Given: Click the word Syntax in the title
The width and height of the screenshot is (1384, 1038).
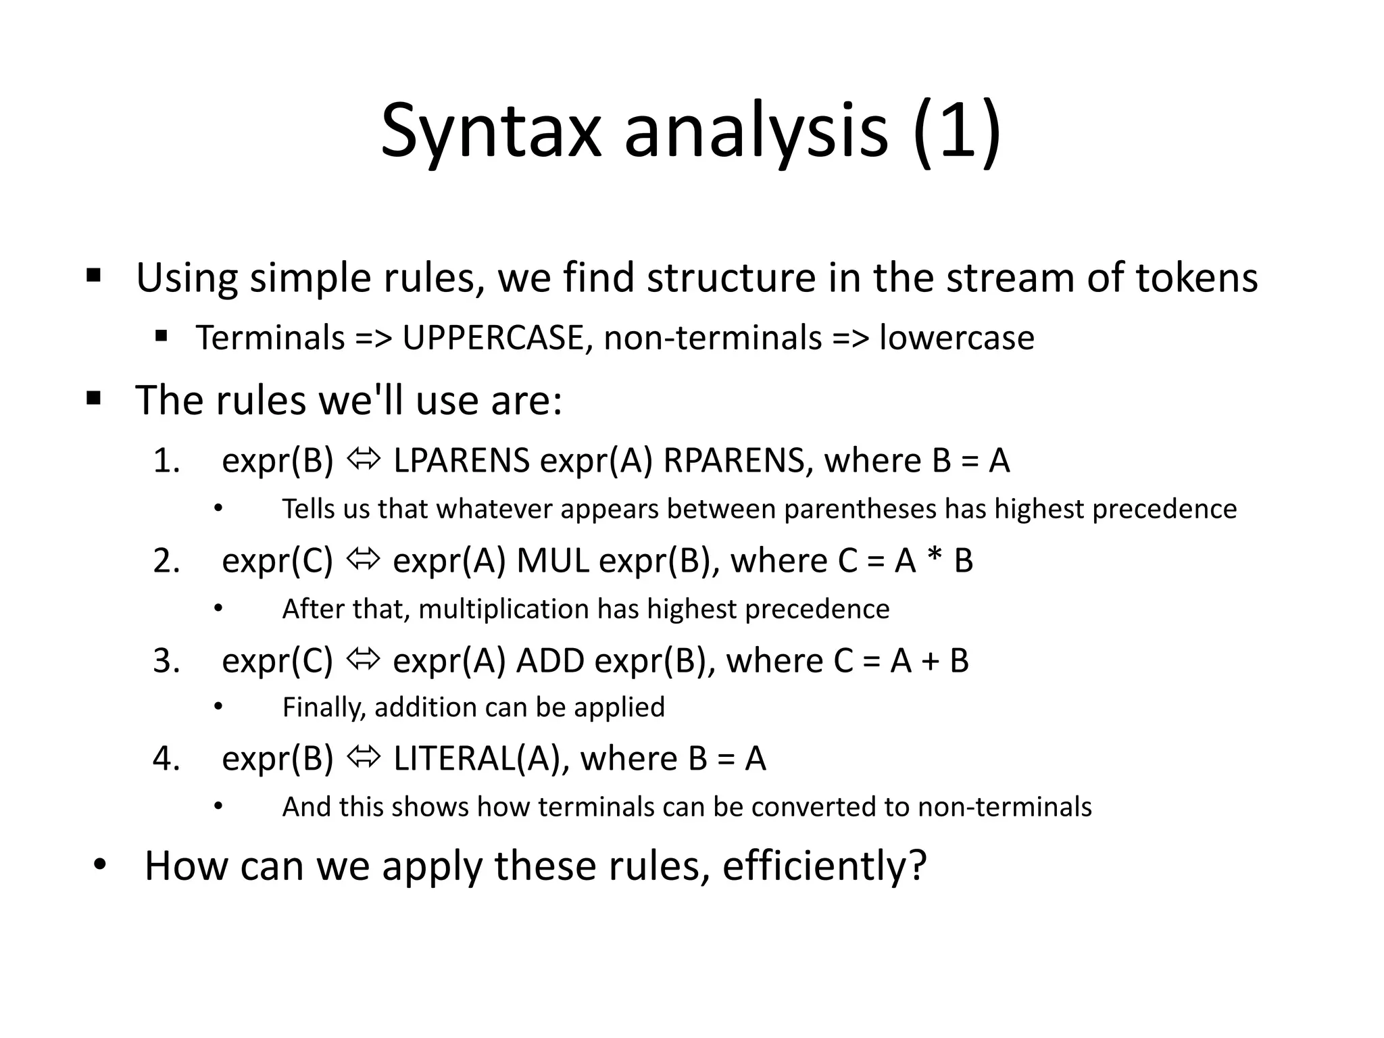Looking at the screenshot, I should point(491,132).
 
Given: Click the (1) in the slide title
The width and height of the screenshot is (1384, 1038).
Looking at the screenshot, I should point(956,132).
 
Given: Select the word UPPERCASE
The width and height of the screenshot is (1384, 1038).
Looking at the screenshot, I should point(493,338).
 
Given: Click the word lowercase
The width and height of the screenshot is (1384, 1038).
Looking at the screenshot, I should point(956,338).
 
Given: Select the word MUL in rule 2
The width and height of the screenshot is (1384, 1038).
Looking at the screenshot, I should point(552,561).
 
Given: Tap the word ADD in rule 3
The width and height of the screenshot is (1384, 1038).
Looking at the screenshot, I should point(550,660).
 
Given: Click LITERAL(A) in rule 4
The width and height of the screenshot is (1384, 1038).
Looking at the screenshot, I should point(476,758).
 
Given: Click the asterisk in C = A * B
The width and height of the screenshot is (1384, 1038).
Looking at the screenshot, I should point(935,561).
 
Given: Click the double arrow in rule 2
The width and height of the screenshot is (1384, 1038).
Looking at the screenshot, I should point(364,560).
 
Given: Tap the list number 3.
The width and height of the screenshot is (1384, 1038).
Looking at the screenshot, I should point(166,660).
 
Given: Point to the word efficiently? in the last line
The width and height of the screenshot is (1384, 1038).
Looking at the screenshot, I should point(824,866).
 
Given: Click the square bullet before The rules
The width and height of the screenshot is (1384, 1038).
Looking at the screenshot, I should point(94,399).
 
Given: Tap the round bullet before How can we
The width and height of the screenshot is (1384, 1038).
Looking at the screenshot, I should point(100,865).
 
